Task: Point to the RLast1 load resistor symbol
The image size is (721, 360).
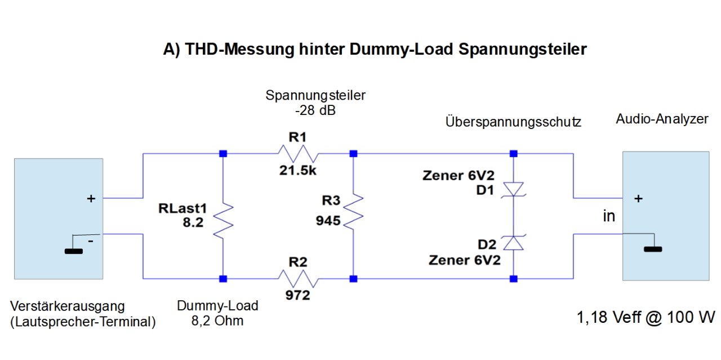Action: pos(224,220)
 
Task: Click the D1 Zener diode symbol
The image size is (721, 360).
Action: pos(514,190)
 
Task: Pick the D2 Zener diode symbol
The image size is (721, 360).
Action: pos(514,242)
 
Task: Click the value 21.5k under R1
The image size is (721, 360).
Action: pos(297,171)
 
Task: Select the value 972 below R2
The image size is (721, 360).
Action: pos(297,294)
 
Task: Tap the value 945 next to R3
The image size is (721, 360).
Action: pos(328,221)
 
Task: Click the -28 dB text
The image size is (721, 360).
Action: pos(315,111)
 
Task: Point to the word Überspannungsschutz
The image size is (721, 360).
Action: pos(513,122)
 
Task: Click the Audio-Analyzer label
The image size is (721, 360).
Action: pos(662,119)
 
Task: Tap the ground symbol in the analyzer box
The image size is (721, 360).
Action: pos(653,248)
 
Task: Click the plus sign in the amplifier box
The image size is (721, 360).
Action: pos(91,198)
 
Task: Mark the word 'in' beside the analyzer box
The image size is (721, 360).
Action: pos(609,216)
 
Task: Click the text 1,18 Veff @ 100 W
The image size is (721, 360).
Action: pos(646,318)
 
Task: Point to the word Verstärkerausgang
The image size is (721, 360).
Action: pos(67,306)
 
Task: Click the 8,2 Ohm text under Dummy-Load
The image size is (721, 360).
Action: pos(217,322)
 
